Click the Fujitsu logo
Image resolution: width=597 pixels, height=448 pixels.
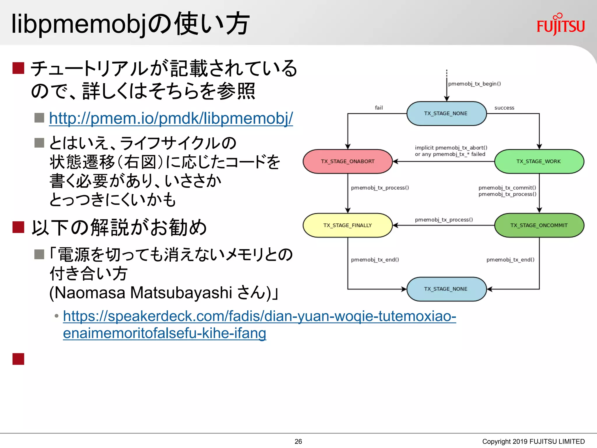(x=560, y=25)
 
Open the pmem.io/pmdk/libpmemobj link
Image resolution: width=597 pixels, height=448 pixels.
(x=171, y=118)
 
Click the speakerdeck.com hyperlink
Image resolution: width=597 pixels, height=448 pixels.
(x=259, y=316)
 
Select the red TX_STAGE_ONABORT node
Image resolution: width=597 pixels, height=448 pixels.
(x=347, y=161)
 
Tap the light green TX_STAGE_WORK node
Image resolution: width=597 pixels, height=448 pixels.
(x=539, y=161)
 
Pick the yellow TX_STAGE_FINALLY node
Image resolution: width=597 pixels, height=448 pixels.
(x=347, y=225)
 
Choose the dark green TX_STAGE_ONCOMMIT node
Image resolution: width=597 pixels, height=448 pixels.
(x=539, y=225)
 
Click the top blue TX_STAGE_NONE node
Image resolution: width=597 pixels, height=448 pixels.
(x=446, y=113)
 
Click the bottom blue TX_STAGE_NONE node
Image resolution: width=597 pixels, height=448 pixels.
(x=446, y=289)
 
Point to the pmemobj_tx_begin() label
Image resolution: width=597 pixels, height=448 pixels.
(x=474, y=84)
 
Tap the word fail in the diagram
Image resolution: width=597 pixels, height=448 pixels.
(x=379, y=108)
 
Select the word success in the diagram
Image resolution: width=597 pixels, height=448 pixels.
(x=504, y=108)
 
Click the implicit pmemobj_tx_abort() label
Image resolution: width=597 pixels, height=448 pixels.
(x=451, y=148)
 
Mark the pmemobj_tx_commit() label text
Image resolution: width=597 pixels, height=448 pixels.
(x=507, y=188)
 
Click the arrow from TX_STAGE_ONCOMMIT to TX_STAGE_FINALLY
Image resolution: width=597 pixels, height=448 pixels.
(x=443, y=225)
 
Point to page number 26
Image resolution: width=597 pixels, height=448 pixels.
(x=298, y=441)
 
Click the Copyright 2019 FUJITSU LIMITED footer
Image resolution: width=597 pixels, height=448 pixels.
(x=533, y=441)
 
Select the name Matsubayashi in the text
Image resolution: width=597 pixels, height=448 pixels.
(x=181, y=293)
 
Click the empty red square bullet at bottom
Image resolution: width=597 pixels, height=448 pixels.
(x=18, y=359)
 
